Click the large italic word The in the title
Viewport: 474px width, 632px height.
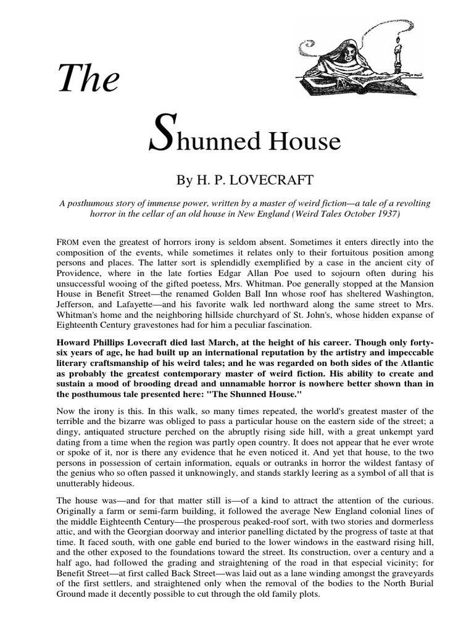point(88,78)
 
